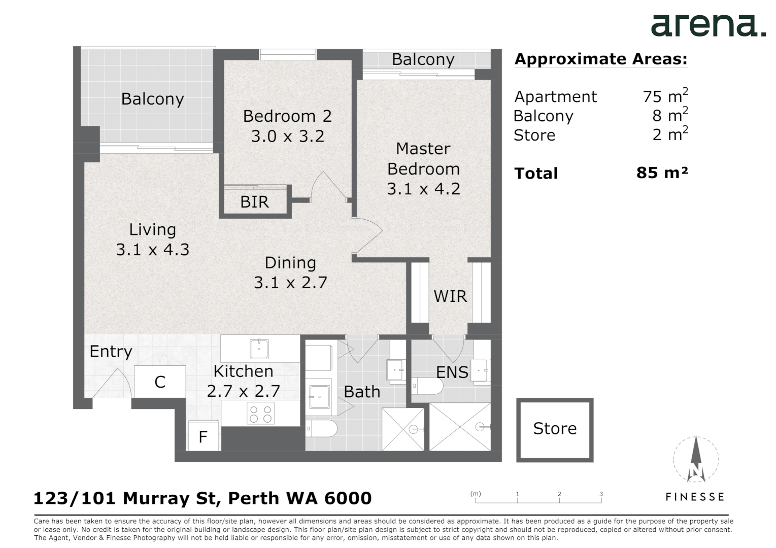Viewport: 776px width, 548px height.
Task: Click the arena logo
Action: [708, 26]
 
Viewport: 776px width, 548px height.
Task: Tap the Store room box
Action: [555, 430]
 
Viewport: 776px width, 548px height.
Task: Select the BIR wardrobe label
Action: [254, 201]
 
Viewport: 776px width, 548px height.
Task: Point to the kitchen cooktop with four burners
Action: [260, 413]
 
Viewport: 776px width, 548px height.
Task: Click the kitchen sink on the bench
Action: [259, 349]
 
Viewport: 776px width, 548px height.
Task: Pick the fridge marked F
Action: [204, 436]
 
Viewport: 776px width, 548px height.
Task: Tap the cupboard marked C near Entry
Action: [160, 382]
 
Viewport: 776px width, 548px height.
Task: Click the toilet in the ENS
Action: [427, 386]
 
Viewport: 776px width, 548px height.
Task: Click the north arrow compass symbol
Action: [696, 459]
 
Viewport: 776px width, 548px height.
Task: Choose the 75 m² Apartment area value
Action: [665, 95]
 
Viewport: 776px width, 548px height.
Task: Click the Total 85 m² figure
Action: [662, 173]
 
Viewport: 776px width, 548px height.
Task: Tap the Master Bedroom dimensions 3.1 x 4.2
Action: [423, 189]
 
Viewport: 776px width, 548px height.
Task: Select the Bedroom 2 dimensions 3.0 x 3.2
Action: [288, 136]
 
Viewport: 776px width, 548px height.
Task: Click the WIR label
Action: [450, 296]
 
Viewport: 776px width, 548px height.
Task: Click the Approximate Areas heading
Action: [601, 59]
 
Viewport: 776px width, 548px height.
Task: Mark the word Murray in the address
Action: [155, 498]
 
